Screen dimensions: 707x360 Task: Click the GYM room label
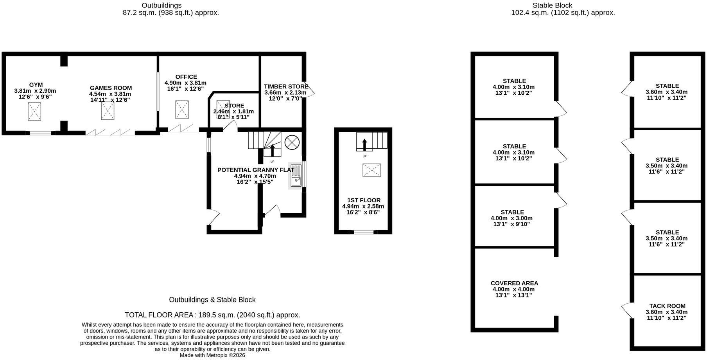pyautogui.click(x=36, y=85)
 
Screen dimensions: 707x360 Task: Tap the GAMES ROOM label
pyautogui.click(x=111, y=88)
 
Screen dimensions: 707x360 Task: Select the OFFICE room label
pyautogui.click(x=186, y=77)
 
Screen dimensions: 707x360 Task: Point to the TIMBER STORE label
pyautogui.click(x=286, y=86)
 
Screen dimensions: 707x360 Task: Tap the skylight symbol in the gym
pyautogui.click(x=34, y=112)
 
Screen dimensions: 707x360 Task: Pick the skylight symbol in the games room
pyautogui.click(x=108, y=111)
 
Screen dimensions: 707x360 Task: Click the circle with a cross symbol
pyautogui.click(x=291, y=142)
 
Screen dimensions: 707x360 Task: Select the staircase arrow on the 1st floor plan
pyautogui.click(x=364, y=145)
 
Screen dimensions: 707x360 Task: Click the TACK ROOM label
pyautogui.click(x=667, y=306)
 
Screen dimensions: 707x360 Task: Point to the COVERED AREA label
pyautogui.click(x=514, y=283)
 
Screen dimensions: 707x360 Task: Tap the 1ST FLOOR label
pyautogui.click(x=363, y=200)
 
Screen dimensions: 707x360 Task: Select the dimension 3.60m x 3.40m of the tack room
pyautogui.click(x=666, y=312)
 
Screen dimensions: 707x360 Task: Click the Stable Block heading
pyautogui.click(x=552, y=5)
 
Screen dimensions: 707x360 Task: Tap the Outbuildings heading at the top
pyautogui.click(x=161, y=5)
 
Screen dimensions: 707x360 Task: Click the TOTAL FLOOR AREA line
pyautogui.click(x=212, y=315)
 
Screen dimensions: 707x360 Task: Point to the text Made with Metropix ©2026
pyautogui.click(x=212, y=355)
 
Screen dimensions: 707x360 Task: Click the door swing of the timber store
pyautogui.click(x=310, y=91)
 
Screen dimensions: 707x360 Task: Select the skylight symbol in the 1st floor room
pyautogui.click(x=371, y=170)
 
